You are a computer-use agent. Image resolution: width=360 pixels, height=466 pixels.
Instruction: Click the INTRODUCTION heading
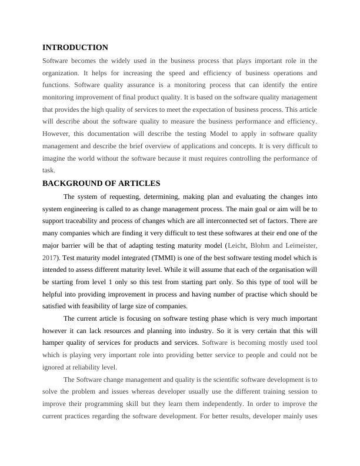[75, 48]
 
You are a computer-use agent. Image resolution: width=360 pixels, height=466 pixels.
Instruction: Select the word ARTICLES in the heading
[138, 184]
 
